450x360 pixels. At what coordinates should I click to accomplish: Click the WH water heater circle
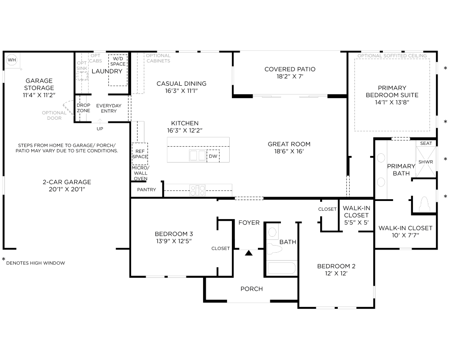click(12, 60)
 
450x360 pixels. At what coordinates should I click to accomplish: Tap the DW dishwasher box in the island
click(213, 156)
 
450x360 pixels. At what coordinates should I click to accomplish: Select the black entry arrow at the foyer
click(249, 253)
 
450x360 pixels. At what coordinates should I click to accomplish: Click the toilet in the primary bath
click(424, 204)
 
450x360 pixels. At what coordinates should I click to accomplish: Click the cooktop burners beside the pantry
click(197, 190)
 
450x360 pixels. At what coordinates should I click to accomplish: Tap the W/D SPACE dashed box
click(117, 70)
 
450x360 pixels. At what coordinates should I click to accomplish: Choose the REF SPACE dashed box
click(140, 154)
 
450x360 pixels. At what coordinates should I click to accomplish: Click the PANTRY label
click(146, 189)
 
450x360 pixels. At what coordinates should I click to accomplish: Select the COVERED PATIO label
click(290, 69)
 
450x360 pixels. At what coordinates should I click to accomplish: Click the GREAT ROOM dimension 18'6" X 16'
click(289, 152)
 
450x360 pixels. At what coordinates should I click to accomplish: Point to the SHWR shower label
click(426, 162)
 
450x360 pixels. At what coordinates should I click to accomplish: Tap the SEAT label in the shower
click(426, 143)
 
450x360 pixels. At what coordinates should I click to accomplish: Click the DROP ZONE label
click(83, 108)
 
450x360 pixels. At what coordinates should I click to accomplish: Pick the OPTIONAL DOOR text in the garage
click(54, 115)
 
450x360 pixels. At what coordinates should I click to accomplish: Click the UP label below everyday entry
click(100, 129)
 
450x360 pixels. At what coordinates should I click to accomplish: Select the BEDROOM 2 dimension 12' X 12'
click(336, 273)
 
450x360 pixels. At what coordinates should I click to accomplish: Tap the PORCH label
click(252, 289)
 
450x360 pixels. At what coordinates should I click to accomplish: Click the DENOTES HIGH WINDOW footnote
click(36, 263)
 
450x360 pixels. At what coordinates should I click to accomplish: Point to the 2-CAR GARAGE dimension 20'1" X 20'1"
click(67, 189)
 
